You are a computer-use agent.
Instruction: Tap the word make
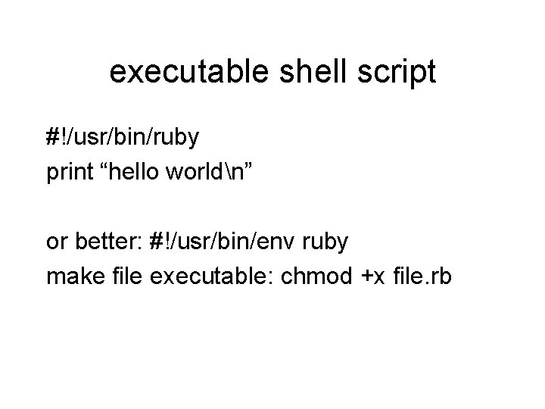[72, 277]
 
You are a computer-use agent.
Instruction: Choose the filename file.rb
[423, 277]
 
